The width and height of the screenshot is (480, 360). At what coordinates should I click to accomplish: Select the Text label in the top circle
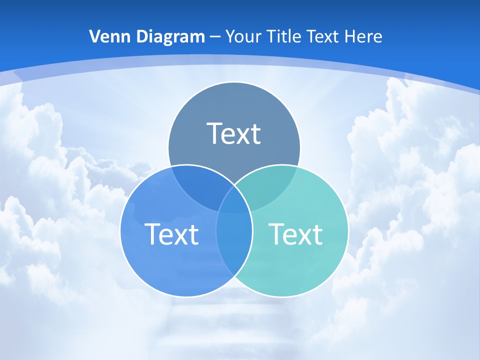click(x=234, y=133)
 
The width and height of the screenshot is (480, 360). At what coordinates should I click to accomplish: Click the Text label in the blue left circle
click(x=171, y=234)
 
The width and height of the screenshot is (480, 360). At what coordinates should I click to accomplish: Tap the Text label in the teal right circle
click(x=295, y=234)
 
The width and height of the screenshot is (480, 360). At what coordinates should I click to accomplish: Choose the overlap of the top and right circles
click(x=270, y=187)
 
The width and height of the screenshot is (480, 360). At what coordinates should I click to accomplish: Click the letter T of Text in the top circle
click(x=215, y=133)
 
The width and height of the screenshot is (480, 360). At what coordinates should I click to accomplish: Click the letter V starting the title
click(x=94, y=36)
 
